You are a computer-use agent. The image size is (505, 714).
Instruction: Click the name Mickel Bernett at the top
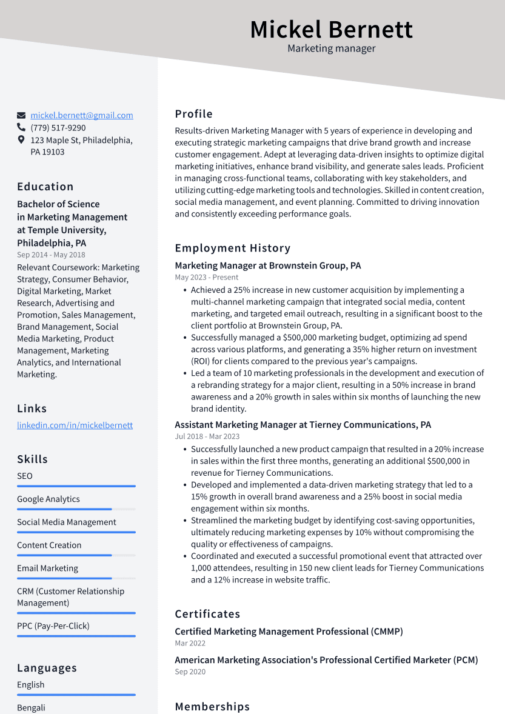pos(331,29)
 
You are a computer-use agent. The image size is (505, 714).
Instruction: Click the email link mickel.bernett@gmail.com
pos(82,115)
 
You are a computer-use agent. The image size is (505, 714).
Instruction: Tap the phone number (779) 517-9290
pos(58,128)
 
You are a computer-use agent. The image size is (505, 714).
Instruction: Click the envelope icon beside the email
pos(21,115)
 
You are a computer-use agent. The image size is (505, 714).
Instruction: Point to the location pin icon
pos(21,140)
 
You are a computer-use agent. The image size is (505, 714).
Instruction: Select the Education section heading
pos(45,187)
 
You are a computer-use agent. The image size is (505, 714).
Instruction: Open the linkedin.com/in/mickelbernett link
pos(75,425)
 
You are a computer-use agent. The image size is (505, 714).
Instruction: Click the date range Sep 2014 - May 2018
pos(51,255)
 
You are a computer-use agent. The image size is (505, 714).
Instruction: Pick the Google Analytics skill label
pos(48,499)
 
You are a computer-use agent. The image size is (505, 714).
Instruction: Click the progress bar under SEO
pos(76,486)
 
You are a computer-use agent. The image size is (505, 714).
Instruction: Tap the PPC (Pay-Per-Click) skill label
pos(53,626)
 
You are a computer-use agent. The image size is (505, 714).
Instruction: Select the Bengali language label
pos(31,707)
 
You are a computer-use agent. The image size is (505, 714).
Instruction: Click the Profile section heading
pos(194,114)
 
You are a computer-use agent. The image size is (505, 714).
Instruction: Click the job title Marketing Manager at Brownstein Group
pos(268,265)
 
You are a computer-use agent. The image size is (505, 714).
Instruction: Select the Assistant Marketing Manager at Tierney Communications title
pos(303,425)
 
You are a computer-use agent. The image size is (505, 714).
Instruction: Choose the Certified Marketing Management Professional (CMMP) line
pos(289,632)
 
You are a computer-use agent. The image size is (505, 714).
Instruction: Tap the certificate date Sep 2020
pos(190,672)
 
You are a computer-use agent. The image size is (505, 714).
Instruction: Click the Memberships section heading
pos(212,707)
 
